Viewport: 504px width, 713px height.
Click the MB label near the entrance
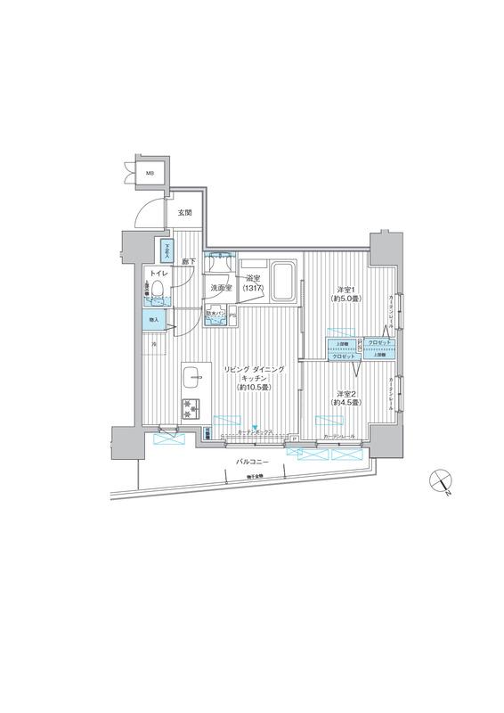coord(150,175)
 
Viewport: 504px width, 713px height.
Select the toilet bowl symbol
coord(157,290)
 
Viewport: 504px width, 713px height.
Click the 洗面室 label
coord(221,289)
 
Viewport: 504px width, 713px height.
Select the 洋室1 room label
coord(345,289)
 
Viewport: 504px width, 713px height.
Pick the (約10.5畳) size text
coord(254,388)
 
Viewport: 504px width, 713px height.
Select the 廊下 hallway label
coord(189,261)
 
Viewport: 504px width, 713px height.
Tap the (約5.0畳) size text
coord(346,299)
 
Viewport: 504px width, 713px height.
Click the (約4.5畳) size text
coord(347,404)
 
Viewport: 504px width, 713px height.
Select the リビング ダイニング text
coord(254,368)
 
